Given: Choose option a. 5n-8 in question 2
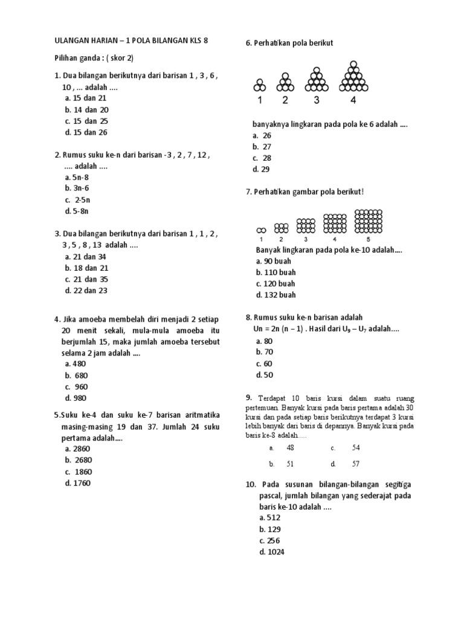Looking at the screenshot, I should click(x=77, y=177).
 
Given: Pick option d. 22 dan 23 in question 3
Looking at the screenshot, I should click(x=85, y=291).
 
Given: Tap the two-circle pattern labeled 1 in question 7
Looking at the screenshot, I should click(x=261, y=230).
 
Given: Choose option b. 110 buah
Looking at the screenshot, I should click(x=275, y=273).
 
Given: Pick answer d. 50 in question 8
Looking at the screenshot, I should click(x=265, y=375).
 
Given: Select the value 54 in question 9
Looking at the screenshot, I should click(x=355, y=448).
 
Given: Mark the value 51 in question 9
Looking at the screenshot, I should click(x=289, y=464).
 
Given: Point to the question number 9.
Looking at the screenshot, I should click(x=248, y=398).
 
